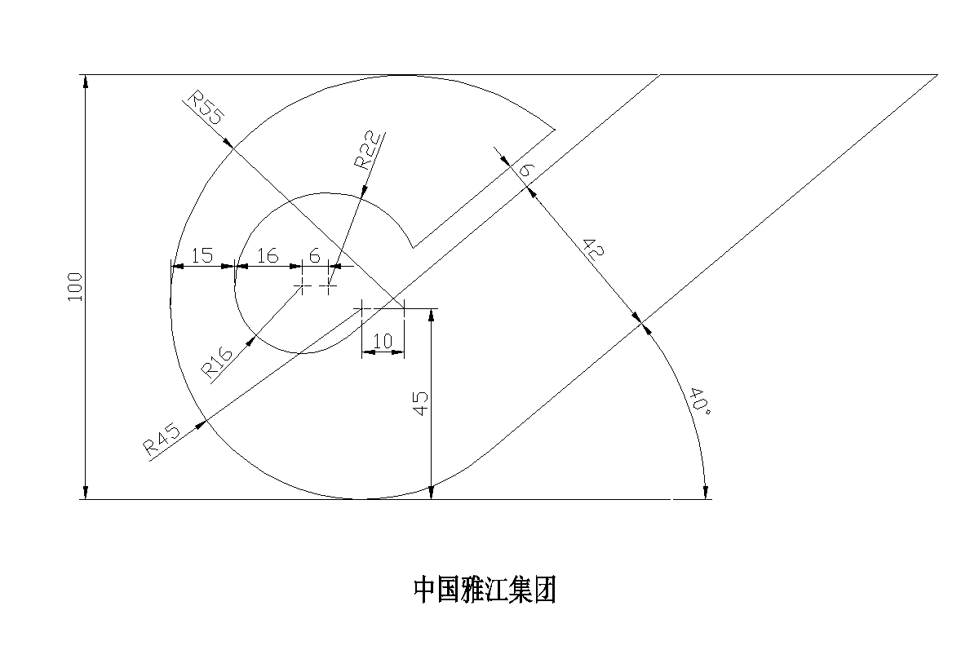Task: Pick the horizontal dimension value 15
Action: tap(202, 255)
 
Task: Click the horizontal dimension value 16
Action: tap(268, 255)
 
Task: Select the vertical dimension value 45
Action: tap(420, 403)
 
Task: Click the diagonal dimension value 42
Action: tap(594, 250)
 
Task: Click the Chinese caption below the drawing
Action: tap(485, 590)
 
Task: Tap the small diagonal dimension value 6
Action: tap(526, 170)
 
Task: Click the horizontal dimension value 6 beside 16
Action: tap(315, 255)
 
